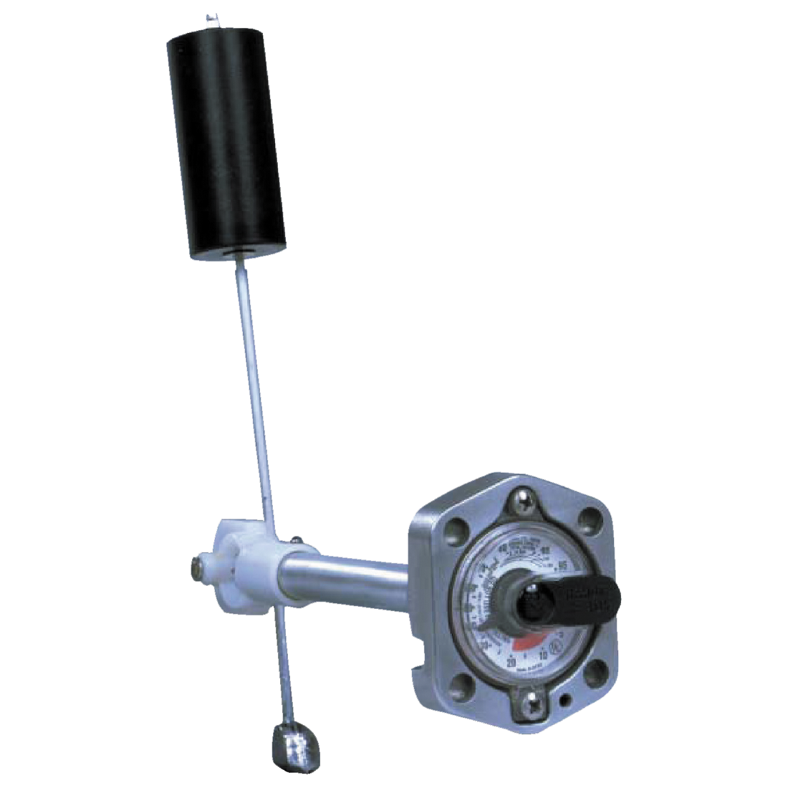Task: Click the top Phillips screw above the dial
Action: click(x=527, y=500)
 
